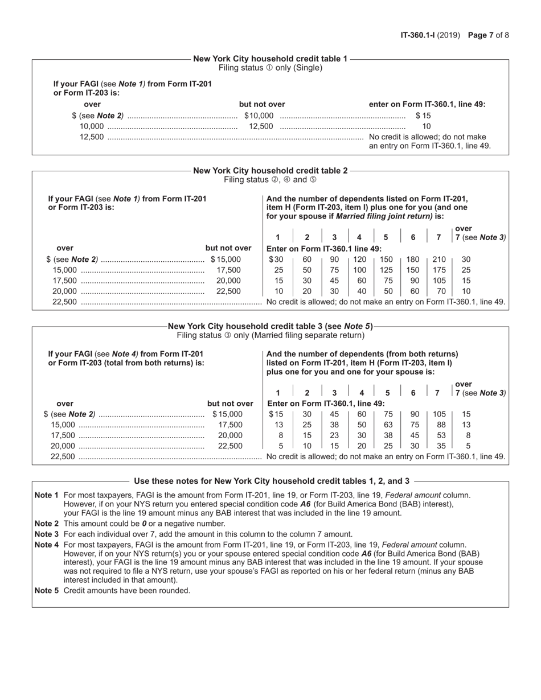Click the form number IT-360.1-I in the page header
419,35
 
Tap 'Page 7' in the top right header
481,35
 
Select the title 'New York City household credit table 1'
270,59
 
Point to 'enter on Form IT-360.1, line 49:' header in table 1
427,104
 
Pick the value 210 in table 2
439,260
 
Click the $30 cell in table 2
276,260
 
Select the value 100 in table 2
360,270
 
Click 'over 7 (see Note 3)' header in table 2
479,233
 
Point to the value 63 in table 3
388,425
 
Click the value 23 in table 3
334,435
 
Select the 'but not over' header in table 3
230,403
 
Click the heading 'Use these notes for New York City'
271,481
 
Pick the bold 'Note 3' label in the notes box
46,534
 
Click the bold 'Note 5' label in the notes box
46,590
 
